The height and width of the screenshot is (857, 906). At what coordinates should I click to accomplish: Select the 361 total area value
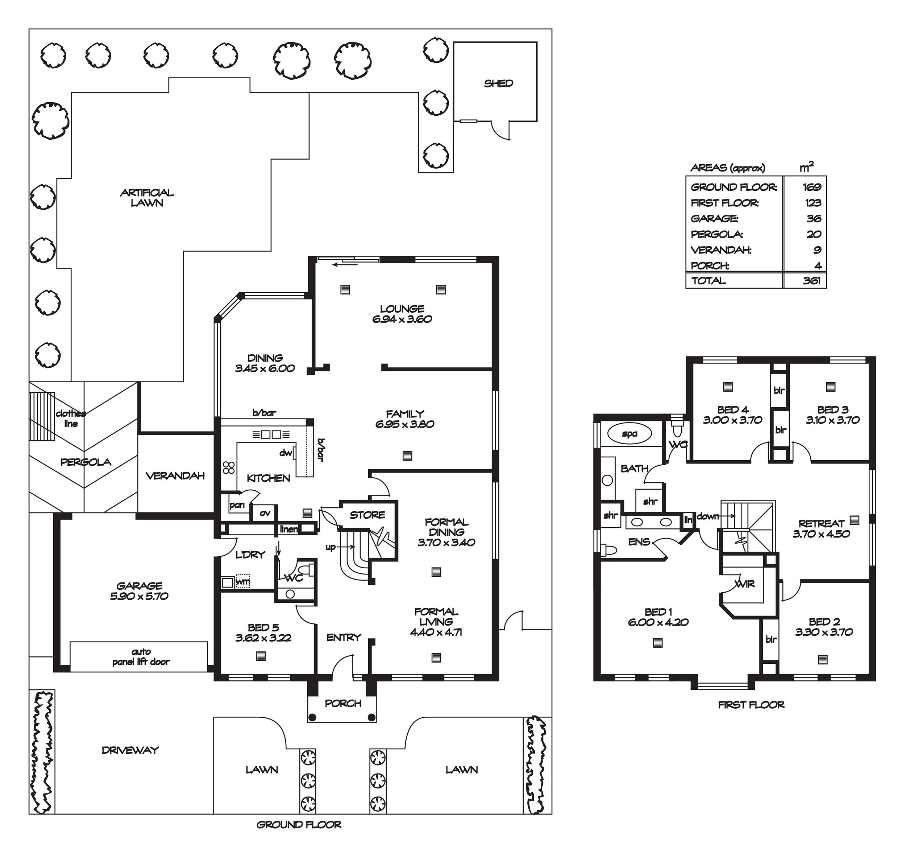point(812,280)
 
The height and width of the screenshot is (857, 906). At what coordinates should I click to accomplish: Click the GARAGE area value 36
point(814,218)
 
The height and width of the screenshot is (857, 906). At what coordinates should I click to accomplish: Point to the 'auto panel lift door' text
point(141,656)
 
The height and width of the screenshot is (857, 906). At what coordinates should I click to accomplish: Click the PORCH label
point(343,703)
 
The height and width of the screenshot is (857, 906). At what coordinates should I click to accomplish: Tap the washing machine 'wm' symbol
point(243,581)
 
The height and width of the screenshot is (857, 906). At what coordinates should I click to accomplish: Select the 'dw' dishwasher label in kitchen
point(286,453)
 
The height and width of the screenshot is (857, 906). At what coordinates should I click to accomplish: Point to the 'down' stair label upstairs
point(708,516)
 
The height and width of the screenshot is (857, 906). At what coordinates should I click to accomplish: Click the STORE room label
point(367,515)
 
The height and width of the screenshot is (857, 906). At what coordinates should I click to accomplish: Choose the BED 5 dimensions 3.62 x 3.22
point(263,638)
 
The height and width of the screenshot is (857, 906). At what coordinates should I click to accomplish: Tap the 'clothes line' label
point(71,419)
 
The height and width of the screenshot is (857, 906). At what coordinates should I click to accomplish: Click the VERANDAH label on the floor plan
point(175,475)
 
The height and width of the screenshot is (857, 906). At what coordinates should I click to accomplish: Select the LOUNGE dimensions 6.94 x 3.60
point(402,319)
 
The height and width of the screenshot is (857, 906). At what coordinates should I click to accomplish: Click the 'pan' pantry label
point(237,505)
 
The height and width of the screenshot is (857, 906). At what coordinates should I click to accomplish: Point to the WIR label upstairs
point(745,584)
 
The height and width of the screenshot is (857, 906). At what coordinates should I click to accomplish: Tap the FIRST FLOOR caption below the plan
point(751,705)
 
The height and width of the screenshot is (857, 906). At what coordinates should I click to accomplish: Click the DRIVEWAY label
point(130,750)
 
